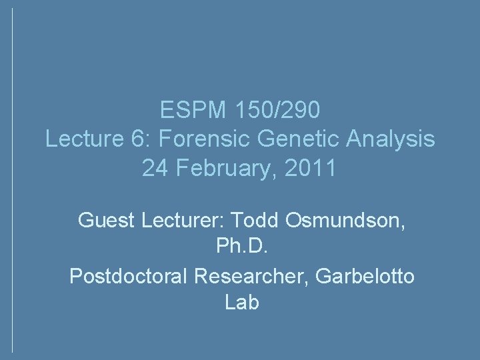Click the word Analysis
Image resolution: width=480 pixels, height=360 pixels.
click(387, 139)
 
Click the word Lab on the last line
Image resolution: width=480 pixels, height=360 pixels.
click(239, 303)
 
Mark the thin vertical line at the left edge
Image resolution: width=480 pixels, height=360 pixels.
click(13, 180)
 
